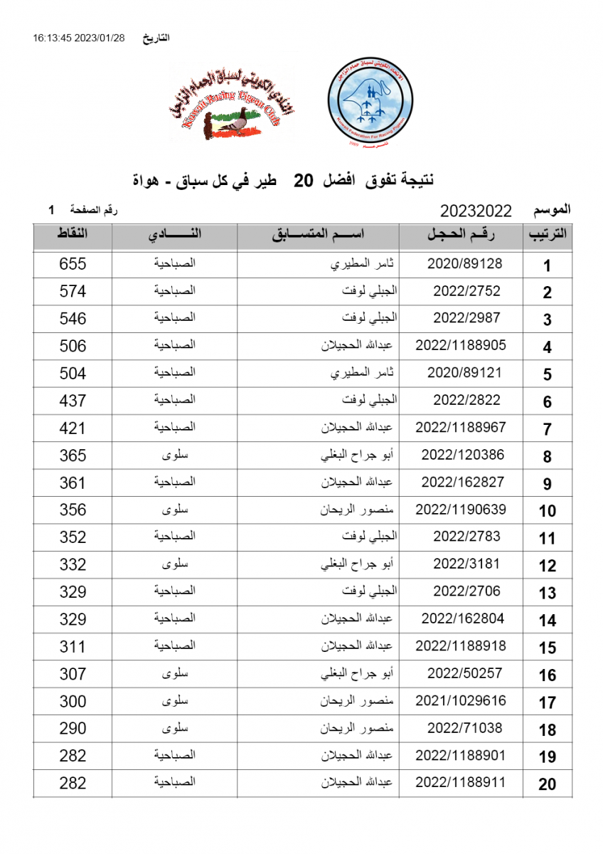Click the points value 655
pos(73,264)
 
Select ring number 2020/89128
pos(466,263)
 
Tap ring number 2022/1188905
pos(461,345)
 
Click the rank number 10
pos(547,511)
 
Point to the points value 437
pos(73,401)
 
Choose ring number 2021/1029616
pos(461,700)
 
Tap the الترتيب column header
pos(547,235)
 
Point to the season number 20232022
pos(476,211)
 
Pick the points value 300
pos(73,701)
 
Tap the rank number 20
pos(547,784)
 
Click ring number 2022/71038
pos(466,728)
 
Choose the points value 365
pos(73,455)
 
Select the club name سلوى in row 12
pos(175,564)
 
